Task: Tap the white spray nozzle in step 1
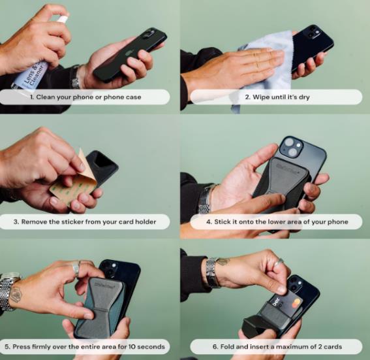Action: click(x=63, y=18)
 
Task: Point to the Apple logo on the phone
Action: click(x=129, y=53)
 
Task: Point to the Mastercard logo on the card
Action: click(x=296, y=303)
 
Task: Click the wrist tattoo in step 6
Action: click(x=223, y=261)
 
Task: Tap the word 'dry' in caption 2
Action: click(x=304, y=97)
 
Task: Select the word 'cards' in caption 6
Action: click(x=333, y=347)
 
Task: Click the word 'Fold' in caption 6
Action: click(x=227, y=347)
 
